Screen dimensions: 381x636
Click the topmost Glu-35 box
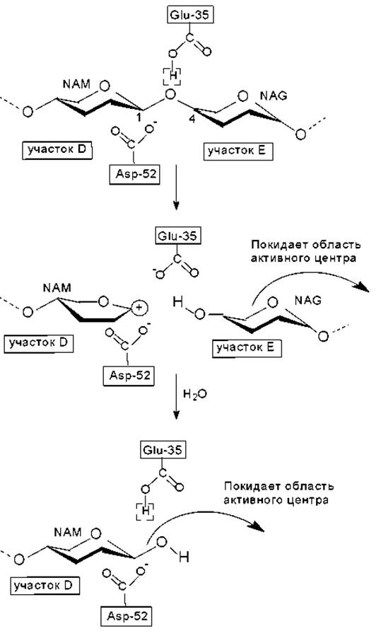[189, 16]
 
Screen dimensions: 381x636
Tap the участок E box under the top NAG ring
[237, 151]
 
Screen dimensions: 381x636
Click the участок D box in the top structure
[57, 150]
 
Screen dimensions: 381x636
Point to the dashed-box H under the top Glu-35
[172, 76]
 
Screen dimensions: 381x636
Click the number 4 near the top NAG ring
[192, 120]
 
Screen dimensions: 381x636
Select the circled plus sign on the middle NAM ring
[139, 308]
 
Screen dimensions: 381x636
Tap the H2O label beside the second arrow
[195, 394]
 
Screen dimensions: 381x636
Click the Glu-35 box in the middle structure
[177, 236]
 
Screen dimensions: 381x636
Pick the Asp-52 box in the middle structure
[129, 375]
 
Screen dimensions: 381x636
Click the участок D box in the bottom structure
[45, 585]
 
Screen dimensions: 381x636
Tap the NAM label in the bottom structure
[67, 532]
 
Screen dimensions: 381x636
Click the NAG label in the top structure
[274, 96]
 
